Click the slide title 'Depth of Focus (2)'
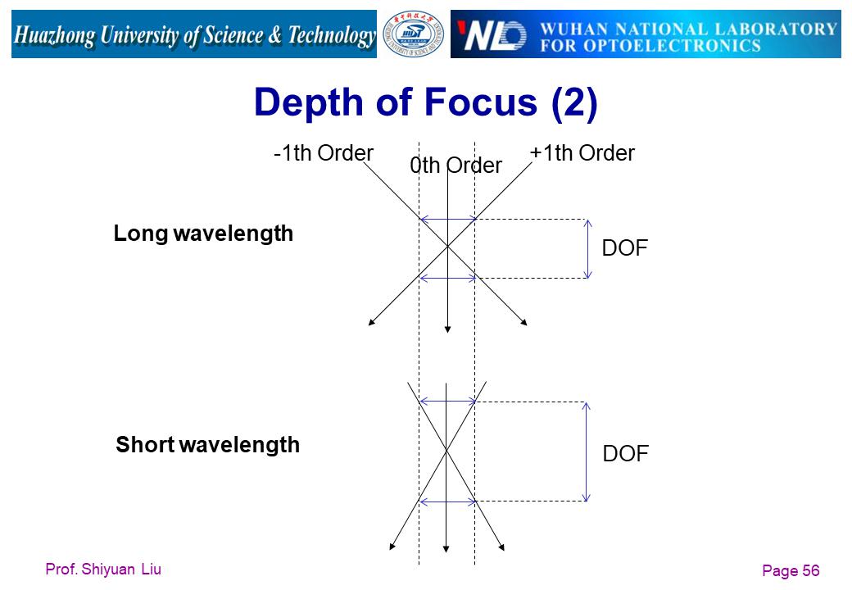pos(425,102)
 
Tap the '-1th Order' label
pos(324,153)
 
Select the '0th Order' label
pos(455,166)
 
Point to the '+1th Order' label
pos(582,153)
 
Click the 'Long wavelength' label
pos(203,234)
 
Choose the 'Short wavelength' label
pos(207,444)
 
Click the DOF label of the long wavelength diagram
pos(625,248)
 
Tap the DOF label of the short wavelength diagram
pos(625,454)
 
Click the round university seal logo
pos(414,34)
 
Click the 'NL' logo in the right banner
pos(492,36)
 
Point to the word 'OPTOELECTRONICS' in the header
pos(672,46)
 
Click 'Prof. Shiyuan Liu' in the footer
pos(103,570)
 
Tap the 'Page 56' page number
pos(791,570)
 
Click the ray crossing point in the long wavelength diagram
pos(447,247)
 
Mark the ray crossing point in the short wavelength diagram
pos(446,451)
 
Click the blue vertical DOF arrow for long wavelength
pos(587,249)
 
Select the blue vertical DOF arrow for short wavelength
pos(586,452)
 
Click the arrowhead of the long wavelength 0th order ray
pos(447,329)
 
